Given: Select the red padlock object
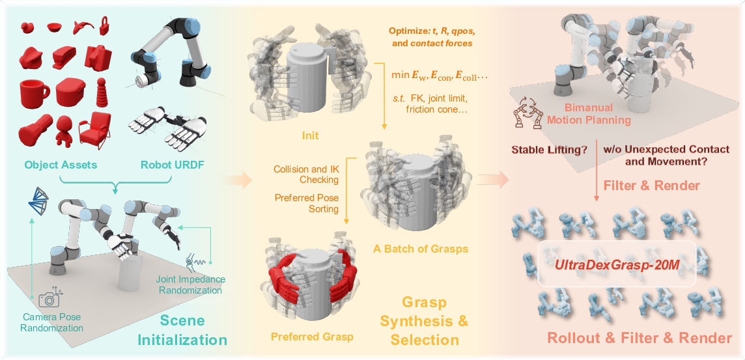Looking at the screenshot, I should click(104, 27).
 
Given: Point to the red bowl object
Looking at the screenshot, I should click(55, 27).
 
